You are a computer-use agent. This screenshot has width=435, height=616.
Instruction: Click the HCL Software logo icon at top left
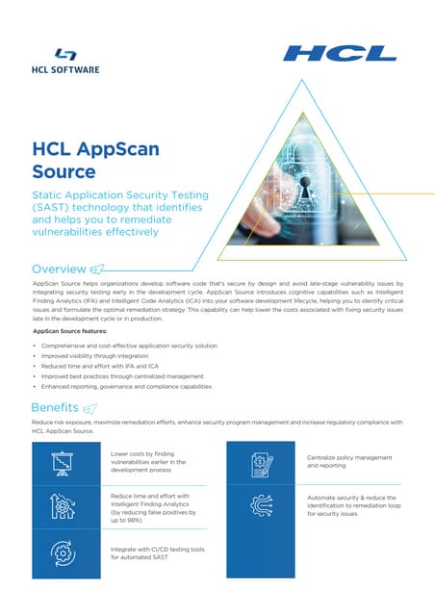pyautogui.click(x=66, y=56)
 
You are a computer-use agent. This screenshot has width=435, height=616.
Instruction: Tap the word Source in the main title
pyautogui.click(x=64, y=172)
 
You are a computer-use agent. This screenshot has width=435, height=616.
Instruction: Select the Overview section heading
pyautogui.click(x=59, y=268)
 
